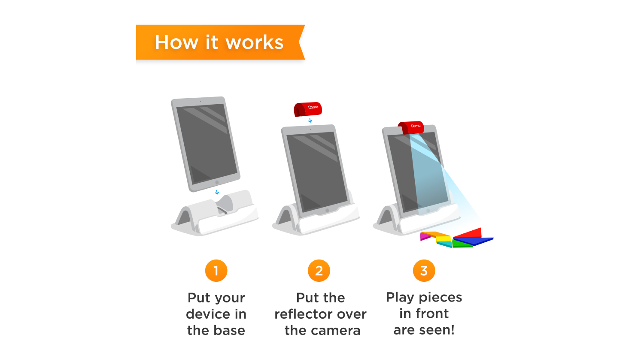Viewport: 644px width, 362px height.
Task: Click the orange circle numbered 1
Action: click(216, 271)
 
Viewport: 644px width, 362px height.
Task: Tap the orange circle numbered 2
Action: click(319, 271)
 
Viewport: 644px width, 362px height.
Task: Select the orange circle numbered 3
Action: click(424, 271)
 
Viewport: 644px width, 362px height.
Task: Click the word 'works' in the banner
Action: click(255, 42)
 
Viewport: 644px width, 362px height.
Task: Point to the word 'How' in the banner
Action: click(176, 42)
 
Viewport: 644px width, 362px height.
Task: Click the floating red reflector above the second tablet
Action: click(308, 109)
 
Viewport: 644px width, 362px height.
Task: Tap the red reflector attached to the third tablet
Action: click(411, 127)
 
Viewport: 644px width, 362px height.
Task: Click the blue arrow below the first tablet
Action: click(217, 192)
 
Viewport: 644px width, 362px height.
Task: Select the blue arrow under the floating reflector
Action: click(310, 121)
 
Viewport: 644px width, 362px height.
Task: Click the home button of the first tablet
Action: click(217, 182)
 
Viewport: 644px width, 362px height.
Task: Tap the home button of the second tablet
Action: click(327, 211)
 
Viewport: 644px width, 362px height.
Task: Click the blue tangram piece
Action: click(474, 241)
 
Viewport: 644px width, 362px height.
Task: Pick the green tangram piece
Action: click(462, 244)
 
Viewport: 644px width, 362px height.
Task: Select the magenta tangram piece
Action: click(425, 236)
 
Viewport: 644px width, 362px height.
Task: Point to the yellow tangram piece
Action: click(444, 239)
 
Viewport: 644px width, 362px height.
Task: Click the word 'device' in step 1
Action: click(208, 314)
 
